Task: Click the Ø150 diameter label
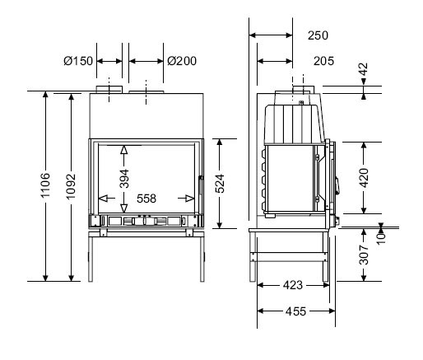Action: click(78, 61)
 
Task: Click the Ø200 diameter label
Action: click(182, 61)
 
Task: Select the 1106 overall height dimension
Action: click(45, 185)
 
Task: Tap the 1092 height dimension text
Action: click(71, 186)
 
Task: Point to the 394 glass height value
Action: click(124, 179)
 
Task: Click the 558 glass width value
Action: click(146, 199)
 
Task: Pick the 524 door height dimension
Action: click(220, 184)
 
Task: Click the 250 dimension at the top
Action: click(318, 35)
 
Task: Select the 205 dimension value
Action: click(323, 61)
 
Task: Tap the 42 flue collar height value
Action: click(364, 69)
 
